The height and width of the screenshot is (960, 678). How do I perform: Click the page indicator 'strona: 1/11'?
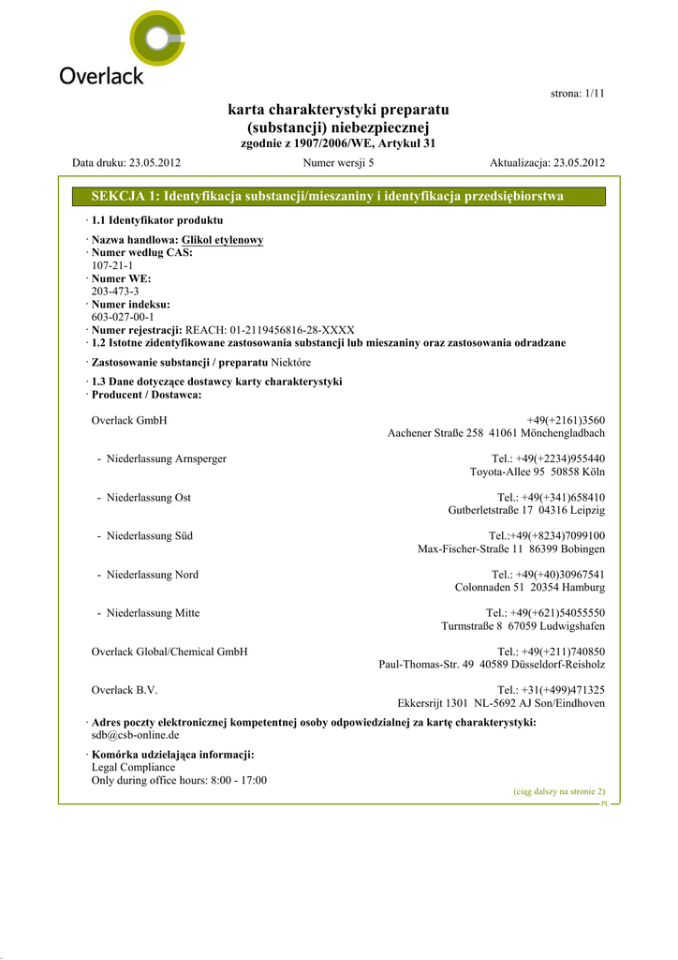point(575,94)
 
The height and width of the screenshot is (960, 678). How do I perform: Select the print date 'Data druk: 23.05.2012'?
point(126,162)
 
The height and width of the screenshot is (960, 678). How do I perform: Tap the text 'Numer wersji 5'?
point(339,162)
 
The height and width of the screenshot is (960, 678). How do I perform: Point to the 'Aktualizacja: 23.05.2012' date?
point(547,162)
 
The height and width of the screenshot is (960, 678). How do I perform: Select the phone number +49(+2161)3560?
point(566,420)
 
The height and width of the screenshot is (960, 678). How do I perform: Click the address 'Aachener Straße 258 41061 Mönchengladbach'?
point(496,433)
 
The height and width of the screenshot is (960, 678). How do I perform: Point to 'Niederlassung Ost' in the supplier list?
point(149,497)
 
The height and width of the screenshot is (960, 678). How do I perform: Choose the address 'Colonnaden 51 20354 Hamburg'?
point(530,587)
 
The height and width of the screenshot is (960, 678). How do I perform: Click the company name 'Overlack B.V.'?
point(125,690)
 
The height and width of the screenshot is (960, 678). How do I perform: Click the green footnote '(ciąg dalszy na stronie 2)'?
point(559,791)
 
